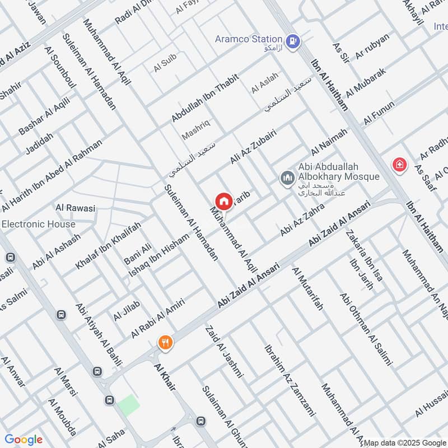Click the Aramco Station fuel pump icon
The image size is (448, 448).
292,40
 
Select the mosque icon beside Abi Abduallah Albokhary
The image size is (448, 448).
287,178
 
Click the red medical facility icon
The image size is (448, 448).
399,165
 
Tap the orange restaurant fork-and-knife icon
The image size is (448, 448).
165,342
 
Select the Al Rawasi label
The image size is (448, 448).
75,208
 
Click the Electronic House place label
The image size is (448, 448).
38,224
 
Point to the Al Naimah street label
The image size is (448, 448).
329,142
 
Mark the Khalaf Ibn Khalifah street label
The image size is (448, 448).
119,244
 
